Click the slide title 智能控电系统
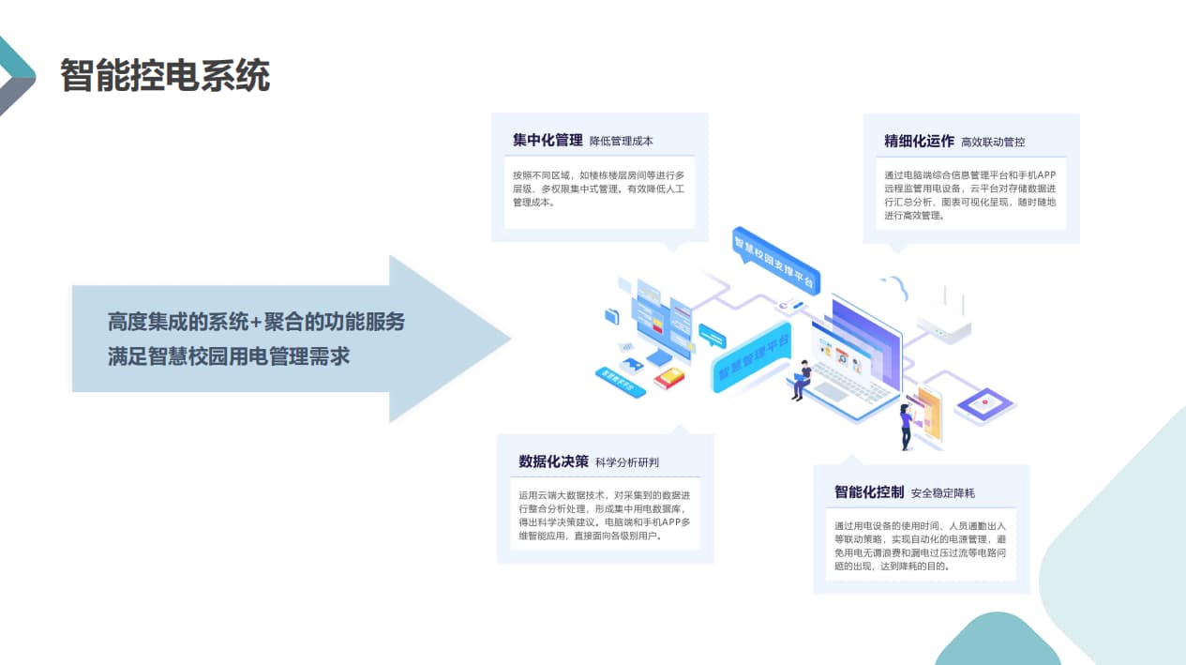point(165,75)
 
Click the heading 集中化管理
point(548,141)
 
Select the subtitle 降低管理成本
point(622,142)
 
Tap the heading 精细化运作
point(919,142)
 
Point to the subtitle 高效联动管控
point(993,143)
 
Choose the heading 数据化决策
point(553,461)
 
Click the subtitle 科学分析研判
point(627,462)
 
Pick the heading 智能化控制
point(869,492)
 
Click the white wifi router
point(944,324)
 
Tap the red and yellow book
point(669,378)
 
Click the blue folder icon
point(612,316)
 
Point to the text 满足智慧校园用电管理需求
point(229,356)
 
